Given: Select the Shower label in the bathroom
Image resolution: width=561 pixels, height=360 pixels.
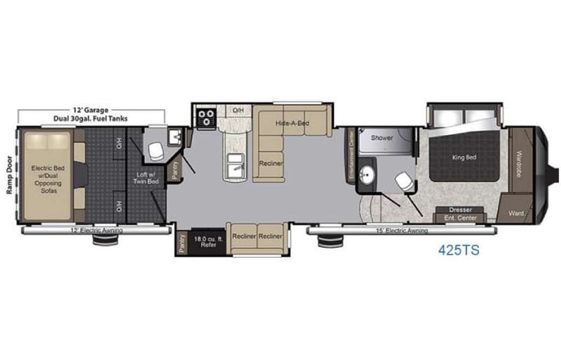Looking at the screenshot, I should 382,138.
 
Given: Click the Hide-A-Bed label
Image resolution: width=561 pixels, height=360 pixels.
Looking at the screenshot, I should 293,124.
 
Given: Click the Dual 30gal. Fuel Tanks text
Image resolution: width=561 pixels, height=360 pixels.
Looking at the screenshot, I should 74,119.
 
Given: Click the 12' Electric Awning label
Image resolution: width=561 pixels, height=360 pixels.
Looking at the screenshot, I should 96,230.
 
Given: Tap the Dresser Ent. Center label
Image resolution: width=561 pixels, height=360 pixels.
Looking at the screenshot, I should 460,214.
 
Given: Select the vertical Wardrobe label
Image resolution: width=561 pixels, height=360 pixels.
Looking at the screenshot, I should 519,162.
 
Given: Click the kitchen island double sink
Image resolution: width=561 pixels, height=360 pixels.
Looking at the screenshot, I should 236,166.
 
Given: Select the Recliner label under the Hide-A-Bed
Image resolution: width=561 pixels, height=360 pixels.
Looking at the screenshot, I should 269,163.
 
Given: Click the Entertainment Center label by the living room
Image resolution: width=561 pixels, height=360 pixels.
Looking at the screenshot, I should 352,157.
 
